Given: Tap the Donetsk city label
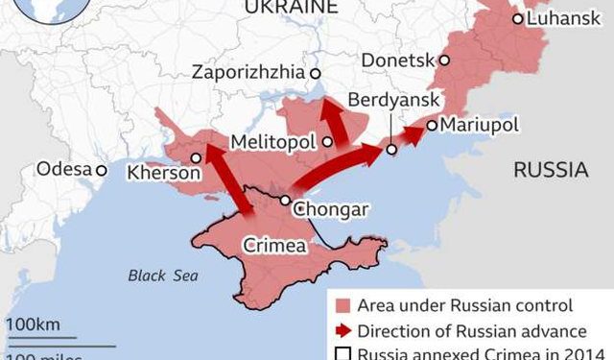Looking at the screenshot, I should click(x=397, y=60).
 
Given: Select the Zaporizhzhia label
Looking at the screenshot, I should click(x=248, y=73).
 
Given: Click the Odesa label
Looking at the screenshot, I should click(x=63, y=170).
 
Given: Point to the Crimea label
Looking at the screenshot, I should click(x=274, y=246).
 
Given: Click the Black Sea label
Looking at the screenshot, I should click(x=163, y=276).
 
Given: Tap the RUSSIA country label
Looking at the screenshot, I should click(x=551, y=171).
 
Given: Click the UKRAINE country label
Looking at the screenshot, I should click(x=291, y=8).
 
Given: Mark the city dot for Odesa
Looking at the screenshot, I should click(x=101, y=170).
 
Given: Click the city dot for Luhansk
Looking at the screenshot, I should click(x=518, y=18).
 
